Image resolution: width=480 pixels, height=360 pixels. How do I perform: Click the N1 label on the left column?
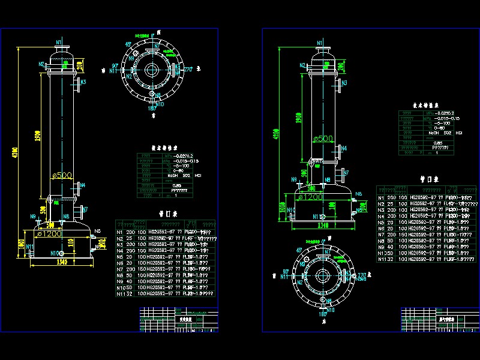coord(59,41)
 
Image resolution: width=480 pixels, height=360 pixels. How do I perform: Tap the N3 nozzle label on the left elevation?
coord(83,82)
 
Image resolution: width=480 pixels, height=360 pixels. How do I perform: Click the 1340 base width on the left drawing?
coord(61,262)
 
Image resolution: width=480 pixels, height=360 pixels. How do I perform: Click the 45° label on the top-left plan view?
coord(128,44)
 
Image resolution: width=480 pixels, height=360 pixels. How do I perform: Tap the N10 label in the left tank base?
coord(55,253)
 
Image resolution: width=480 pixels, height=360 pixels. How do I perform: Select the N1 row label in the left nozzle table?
coord(120,232)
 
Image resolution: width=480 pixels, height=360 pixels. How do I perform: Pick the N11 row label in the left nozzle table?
coord(121,294)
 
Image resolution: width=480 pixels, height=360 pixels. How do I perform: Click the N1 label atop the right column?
coord(319,42)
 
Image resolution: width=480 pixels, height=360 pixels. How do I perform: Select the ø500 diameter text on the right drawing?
coord(322,139)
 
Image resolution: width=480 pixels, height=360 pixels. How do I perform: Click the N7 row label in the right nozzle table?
coord(381,234)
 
